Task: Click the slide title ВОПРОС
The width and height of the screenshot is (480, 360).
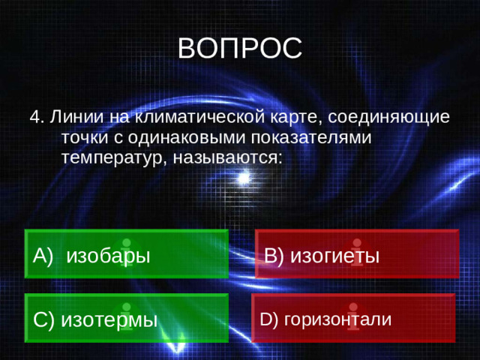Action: coord(240,48)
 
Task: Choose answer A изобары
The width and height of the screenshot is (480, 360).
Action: coord(126,254)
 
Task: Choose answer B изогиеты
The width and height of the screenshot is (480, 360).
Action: coord(356,254)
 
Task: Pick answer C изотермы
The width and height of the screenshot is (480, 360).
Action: coord(126,319)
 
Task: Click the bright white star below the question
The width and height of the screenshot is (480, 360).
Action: coord(242,178)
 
